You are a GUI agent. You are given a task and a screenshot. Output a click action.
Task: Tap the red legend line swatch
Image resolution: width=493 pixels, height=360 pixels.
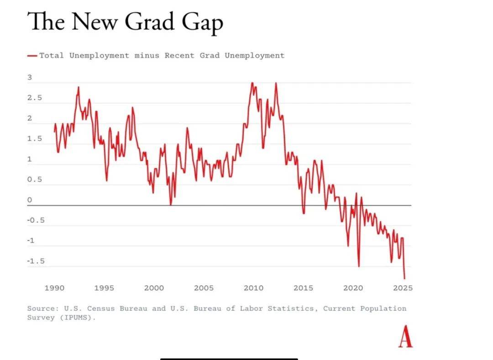click(32, 56)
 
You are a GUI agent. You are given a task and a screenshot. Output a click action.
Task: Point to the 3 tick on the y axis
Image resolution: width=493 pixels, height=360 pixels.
click(30, 78)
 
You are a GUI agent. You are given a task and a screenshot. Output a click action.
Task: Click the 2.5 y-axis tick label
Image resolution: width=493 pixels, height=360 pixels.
click(35, 98)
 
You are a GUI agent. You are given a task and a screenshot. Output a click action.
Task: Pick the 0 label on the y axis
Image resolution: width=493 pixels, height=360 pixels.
click(30, 200)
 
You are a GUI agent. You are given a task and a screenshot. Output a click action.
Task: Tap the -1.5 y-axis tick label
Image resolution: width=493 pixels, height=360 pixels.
click(36, 261)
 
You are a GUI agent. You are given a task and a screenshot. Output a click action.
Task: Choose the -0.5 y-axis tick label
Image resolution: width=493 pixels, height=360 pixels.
click(36, 220)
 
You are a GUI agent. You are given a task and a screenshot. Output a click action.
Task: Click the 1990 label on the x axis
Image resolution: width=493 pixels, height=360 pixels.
click(54, 288)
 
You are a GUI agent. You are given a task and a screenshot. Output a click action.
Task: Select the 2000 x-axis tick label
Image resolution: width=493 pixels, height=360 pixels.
click(154, 288)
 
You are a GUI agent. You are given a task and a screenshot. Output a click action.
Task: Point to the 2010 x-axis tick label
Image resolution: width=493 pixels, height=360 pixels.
click(253, 288)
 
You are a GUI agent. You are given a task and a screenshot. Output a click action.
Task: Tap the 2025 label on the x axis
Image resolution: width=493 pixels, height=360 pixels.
click(403, 288)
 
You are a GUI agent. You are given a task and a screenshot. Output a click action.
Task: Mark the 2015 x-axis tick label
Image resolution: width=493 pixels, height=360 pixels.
click(303, 288)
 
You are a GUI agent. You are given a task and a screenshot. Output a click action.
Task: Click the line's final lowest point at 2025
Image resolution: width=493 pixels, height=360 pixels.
click(404, 278)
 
